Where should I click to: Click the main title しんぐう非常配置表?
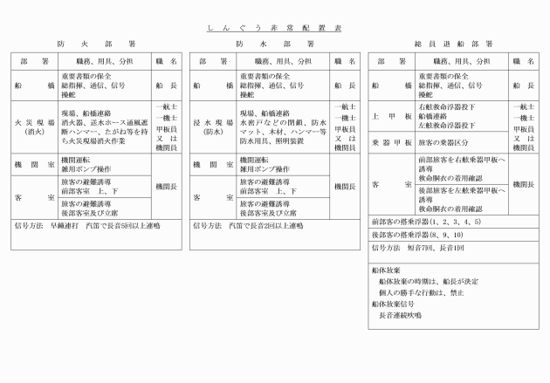[274, 28]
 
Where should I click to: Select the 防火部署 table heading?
[95, 44]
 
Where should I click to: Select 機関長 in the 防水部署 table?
[346, 186]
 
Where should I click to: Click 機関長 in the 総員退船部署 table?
[525, 184]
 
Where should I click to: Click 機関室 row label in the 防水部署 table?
[215, 164]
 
